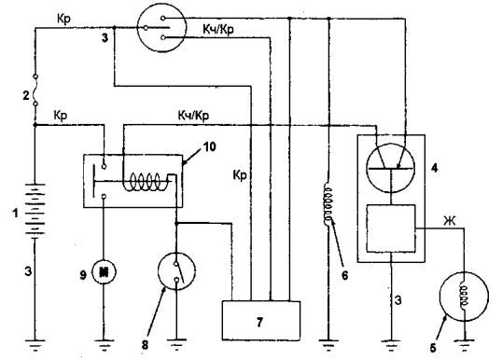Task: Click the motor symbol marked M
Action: [x=104, y=272]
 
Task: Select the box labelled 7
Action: [x=261, y=321]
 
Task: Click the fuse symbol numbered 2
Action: [x=35, y=90]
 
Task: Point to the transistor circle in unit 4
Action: [x=391, y=168]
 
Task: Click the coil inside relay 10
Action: [x=146, y=182]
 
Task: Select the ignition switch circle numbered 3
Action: [x=161, y=28]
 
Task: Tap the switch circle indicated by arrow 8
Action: [x=176, y=271]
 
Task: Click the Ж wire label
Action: [x=450, y=221]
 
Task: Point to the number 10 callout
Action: [x=209, y=146]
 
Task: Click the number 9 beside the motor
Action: [x=83, y=274]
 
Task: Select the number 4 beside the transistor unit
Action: [x=434, y=168]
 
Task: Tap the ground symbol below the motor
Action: [x=104, y=345]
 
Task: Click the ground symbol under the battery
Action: [x=35, y=345]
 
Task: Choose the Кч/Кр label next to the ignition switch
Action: [x=218, y=30]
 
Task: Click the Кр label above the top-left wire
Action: [x=63, y=20]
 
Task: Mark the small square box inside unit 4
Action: [x=391, y=228]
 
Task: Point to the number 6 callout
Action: [x=344, y=275]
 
